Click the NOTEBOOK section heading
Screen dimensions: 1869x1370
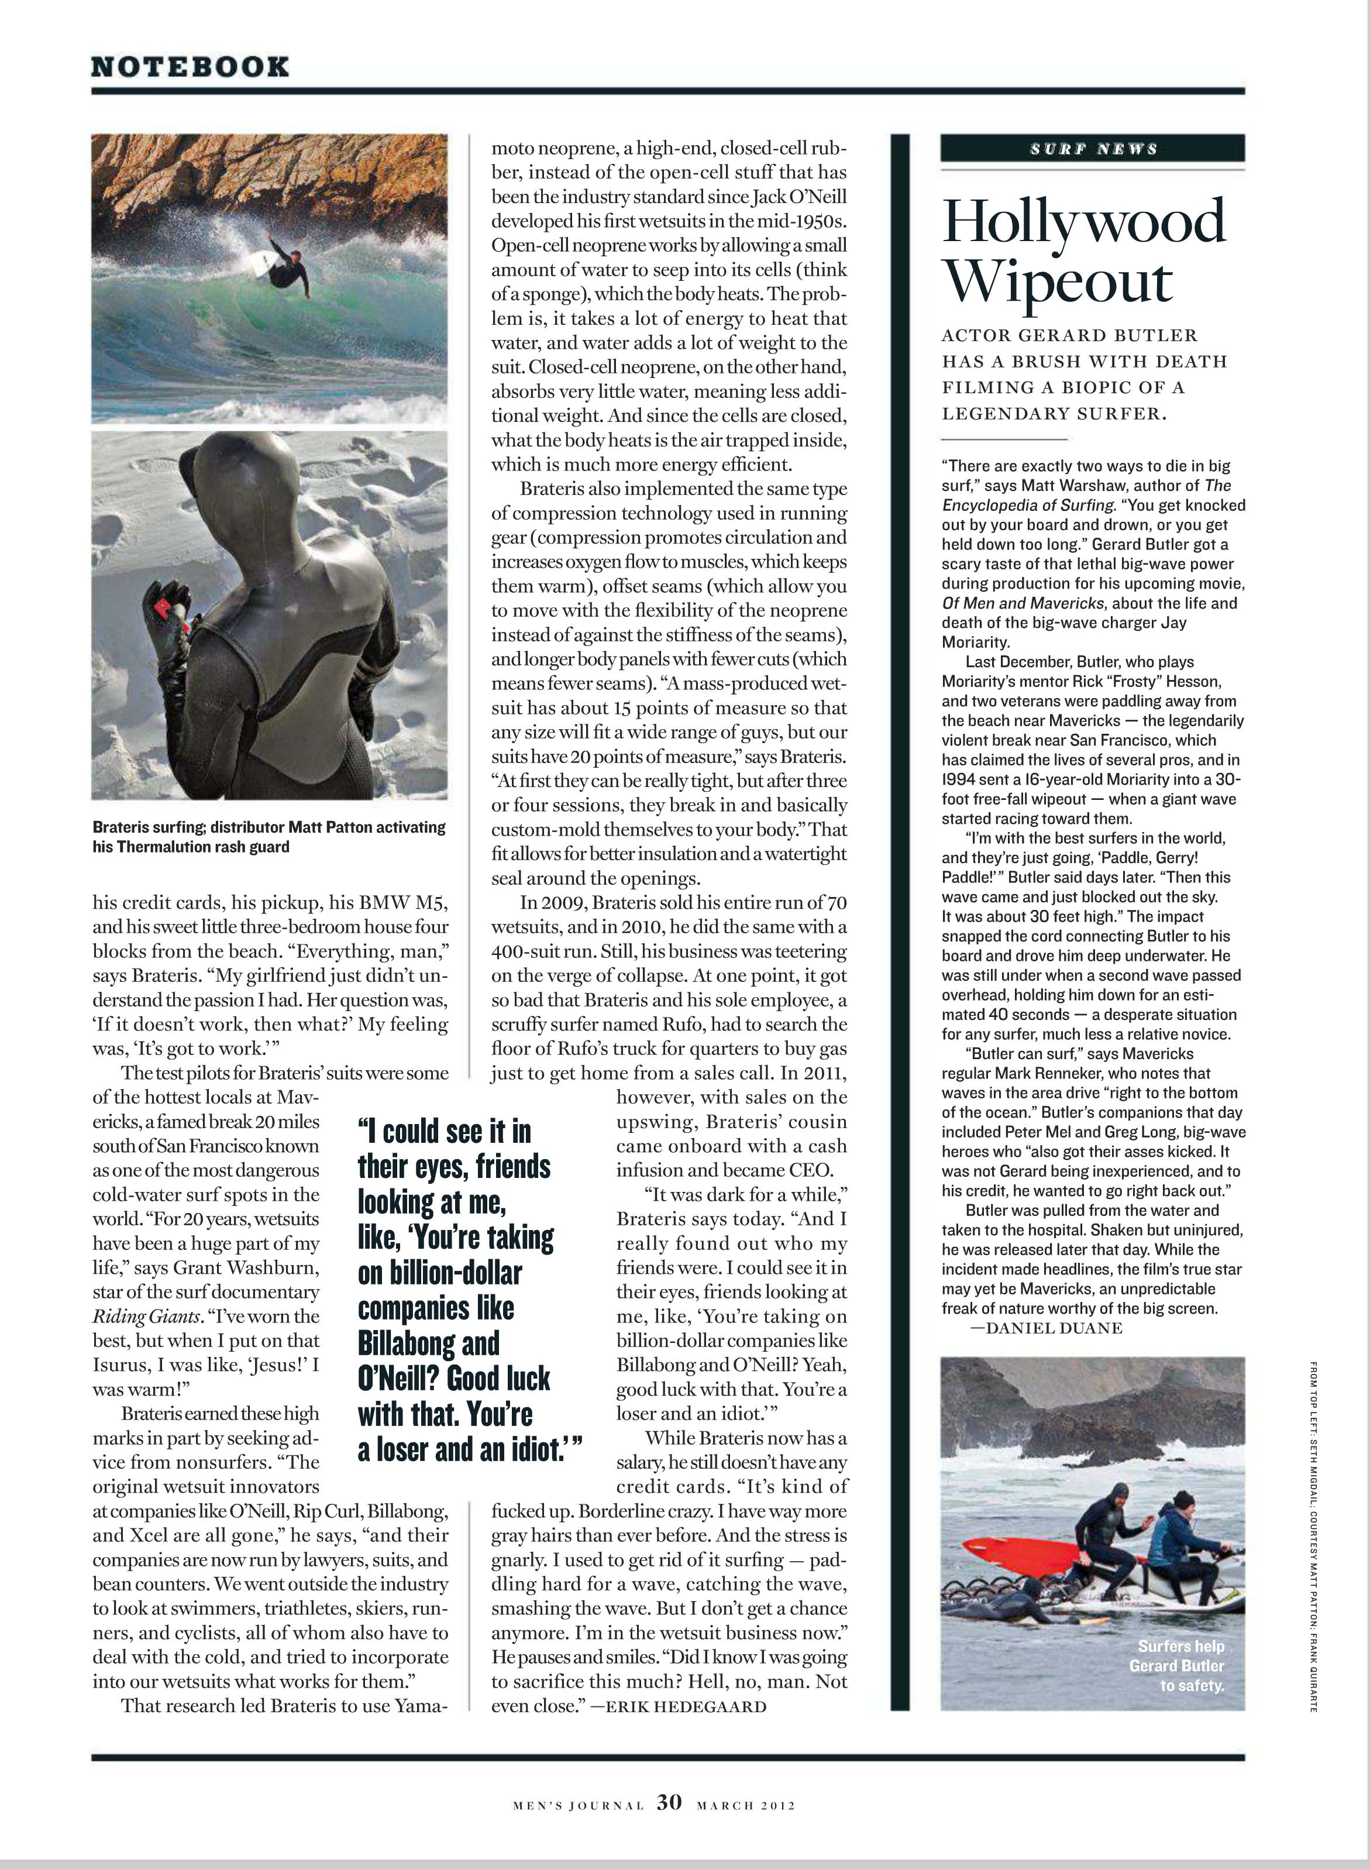tap(190, 67)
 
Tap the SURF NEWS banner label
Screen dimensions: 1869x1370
tap(1093, 149)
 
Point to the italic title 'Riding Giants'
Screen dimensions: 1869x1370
tap(144, 1315)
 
